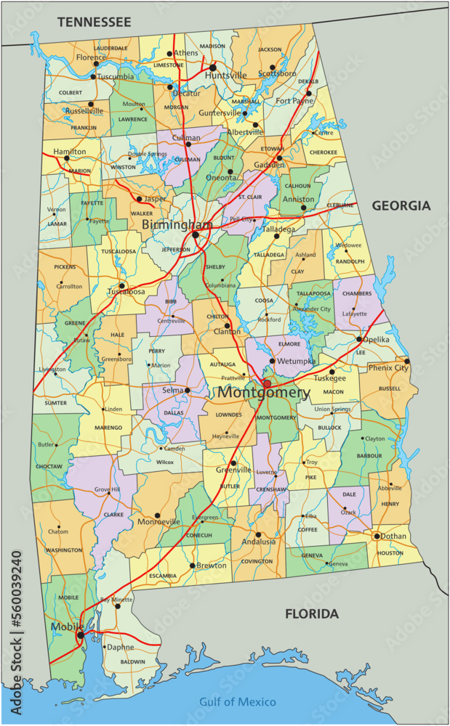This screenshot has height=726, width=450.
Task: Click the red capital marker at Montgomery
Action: point(267,383)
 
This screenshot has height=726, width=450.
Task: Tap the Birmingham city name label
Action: point(177,225)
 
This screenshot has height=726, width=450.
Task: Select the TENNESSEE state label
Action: point(94,22)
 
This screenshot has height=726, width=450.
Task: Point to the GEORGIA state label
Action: point(401,206)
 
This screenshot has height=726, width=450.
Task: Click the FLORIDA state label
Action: point(311,614)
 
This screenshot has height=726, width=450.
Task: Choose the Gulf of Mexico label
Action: point(238,701)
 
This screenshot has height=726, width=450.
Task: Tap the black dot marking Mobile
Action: point(80,635)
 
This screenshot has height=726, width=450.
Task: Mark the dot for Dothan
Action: point(377,537)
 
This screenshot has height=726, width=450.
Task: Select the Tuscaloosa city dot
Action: point(122,286)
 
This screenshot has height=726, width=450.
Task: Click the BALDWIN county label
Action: point(133,662)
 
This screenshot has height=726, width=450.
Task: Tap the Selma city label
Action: point(172,391)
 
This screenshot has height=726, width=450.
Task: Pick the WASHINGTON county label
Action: point(63,551)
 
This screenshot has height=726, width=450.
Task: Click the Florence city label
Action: point(91,57)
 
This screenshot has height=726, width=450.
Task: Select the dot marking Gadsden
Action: point(279,158)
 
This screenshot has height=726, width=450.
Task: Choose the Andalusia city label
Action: point(259,542)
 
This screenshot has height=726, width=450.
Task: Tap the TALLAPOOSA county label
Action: point(313,294)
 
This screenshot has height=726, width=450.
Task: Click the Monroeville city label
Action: point(158,522)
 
